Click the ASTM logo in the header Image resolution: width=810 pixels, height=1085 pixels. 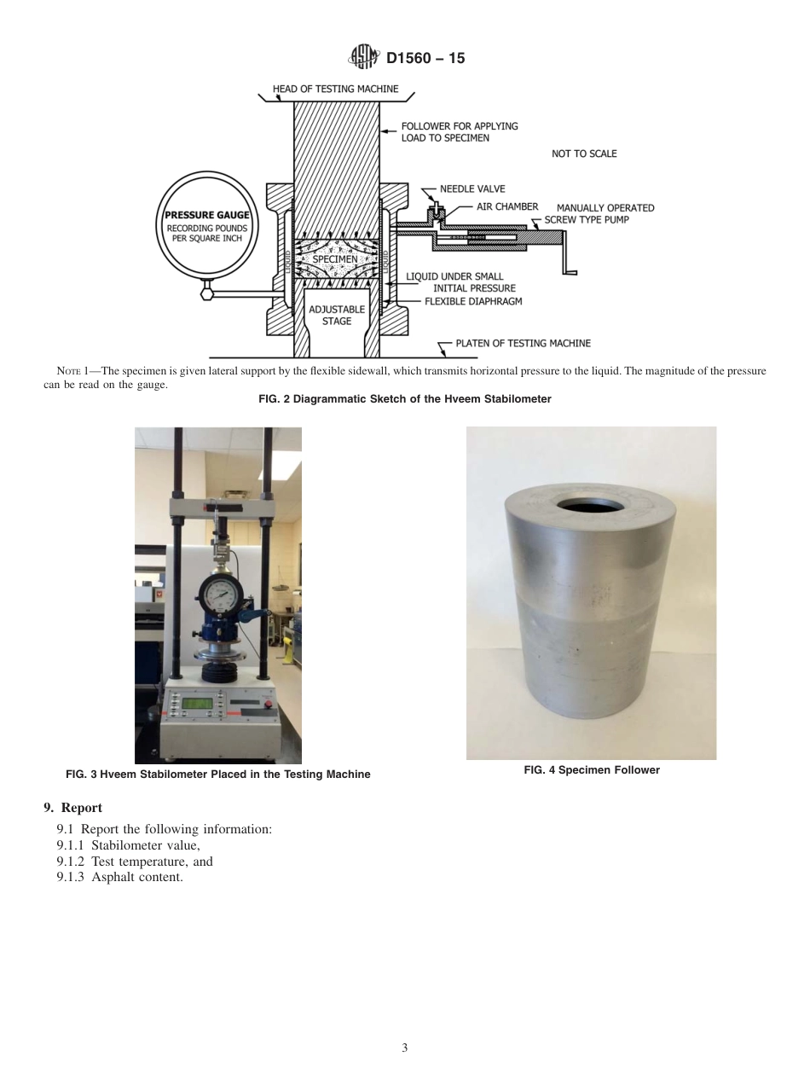coord(364,58)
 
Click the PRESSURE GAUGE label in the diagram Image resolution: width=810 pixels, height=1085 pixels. coord(206,216)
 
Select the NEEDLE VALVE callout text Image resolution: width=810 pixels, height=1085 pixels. coord(472,189)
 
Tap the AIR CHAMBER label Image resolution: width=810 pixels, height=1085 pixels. coord(507,206)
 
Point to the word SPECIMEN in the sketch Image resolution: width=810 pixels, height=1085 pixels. coord(335,258)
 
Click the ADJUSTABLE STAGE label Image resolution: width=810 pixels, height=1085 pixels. coord(336,315)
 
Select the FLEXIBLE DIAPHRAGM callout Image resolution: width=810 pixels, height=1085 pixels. coord(473,301)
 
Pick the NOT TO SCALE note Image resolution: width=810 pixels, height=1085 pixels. coord(584,154)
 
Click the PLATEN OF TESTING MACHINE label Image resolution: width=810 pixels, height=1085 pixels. coord(523,343)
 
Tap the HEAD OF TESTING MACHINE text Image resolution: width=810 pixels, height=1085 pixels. coord(335,89)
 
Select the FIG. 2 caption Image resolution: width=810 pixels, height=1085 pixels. coord(404,399)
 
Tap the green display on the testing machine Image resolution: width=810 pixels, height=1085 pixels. coord(198,703)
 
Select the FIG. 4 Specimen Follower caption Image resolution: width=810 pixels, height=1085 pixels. coord(591,770)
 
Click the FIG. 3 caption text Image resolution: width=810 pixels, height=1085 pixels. coord(217,775)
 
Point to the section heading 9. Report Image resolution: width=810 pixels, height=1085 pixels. coord(72,808)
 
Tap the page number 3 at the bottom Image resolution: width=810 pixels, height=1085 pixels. coord(405,1047)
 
